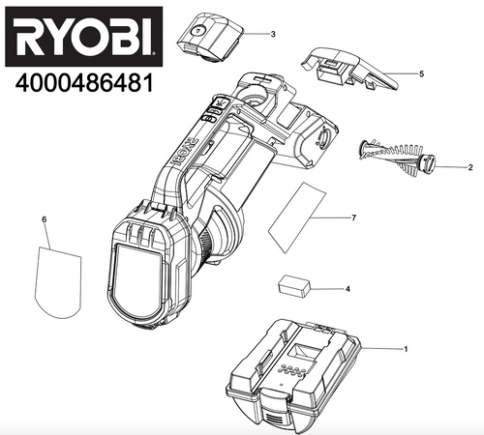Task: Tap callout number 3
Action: click(x=273, y=34)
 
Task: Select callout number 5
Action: click(x=422, y=73)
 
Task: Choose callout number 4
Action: click(x=348, y=288)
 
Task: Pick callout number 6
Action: click(x=44, y=220)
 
